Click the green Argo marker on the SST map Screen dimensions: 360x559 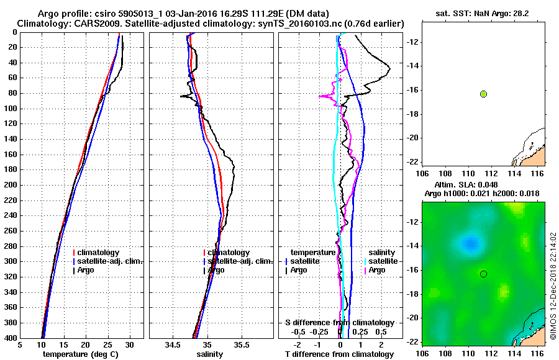coord(483,94)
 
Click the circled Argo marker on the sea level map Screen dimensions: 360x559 coord(483,274)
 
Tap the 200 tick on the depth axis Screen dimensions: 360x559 coord(11,185)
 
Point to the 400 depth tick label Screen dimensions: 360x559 coord(11,338)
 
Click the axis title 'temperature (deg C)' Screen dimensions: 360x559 coord(81,354)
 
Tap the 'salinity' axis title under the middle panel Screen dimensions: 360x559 coord(211,354)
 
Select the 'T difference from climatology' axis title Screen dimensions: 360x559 coord(340,354)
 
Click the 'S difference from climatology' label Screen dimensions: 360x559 coord(340,323)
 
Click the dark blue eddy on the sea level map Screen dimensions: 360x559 coord(469,243)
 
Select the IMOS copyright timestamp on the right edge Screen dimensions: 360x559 coord(553,285)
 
